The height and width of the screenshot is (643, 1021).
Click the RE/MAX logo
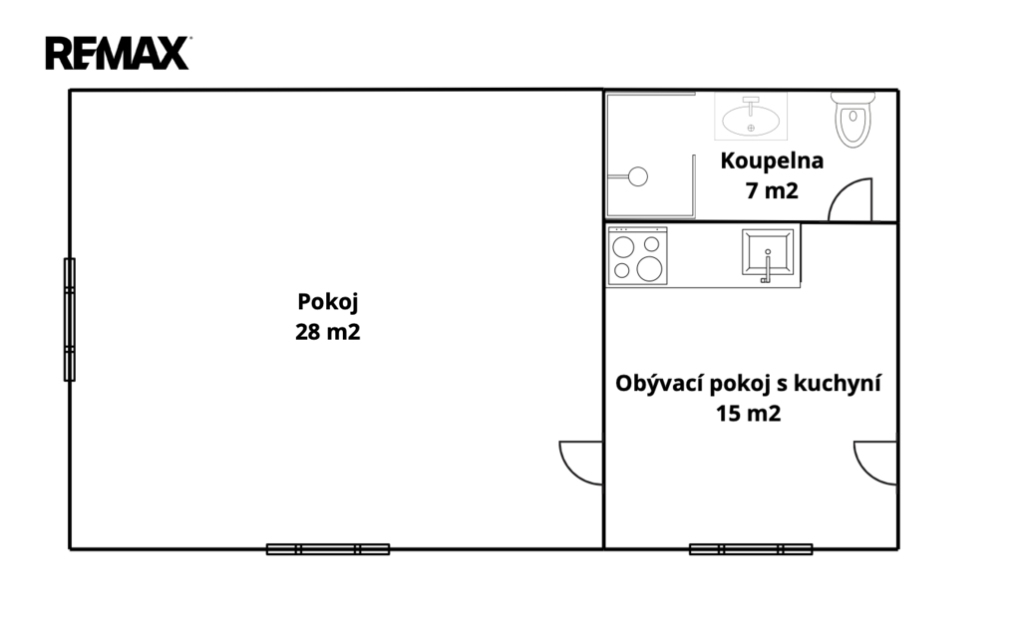coord(118,53)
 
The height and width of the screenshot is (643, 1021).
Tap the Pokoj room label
coord(327,303)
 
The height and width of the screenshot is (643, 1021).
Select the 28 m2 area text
coord(327,332)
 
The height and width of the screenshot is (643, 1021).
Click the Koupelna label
coord(772,161)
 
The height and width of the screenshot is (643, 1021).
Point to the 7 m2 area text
coord(772,190)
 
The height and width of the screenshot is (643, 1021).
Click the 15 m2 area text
coord(748,414)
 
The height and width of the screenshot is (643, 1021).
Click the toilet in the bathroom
coord(853,119)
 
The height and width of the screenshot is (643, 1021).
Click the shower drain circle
coord(637,176)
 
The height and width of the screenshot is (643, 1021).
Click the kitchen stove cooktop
coord(637,256)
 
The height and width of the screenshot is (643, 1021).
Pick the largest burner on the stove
coord(649,269)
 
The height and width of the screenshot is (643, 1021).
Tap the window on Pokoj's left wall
coord(69,320)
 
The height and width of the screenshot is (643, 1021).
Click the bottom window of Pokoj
coord(328,549)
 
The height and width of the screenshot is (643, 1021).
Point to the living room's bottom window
coord(751,549)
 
